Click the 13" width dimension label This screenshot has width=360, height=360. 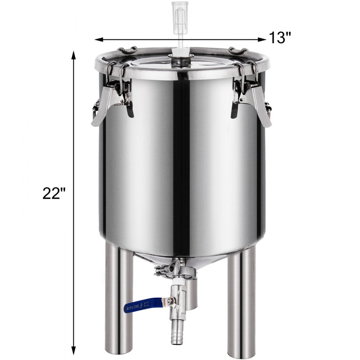coord(280,37)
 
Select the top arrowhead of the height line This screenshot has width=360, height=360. coord(74,55)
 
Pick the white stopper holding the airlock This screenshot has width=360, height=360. coord(177,54)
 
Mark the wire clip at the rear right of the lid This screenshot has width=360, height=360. coord(238,50)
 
